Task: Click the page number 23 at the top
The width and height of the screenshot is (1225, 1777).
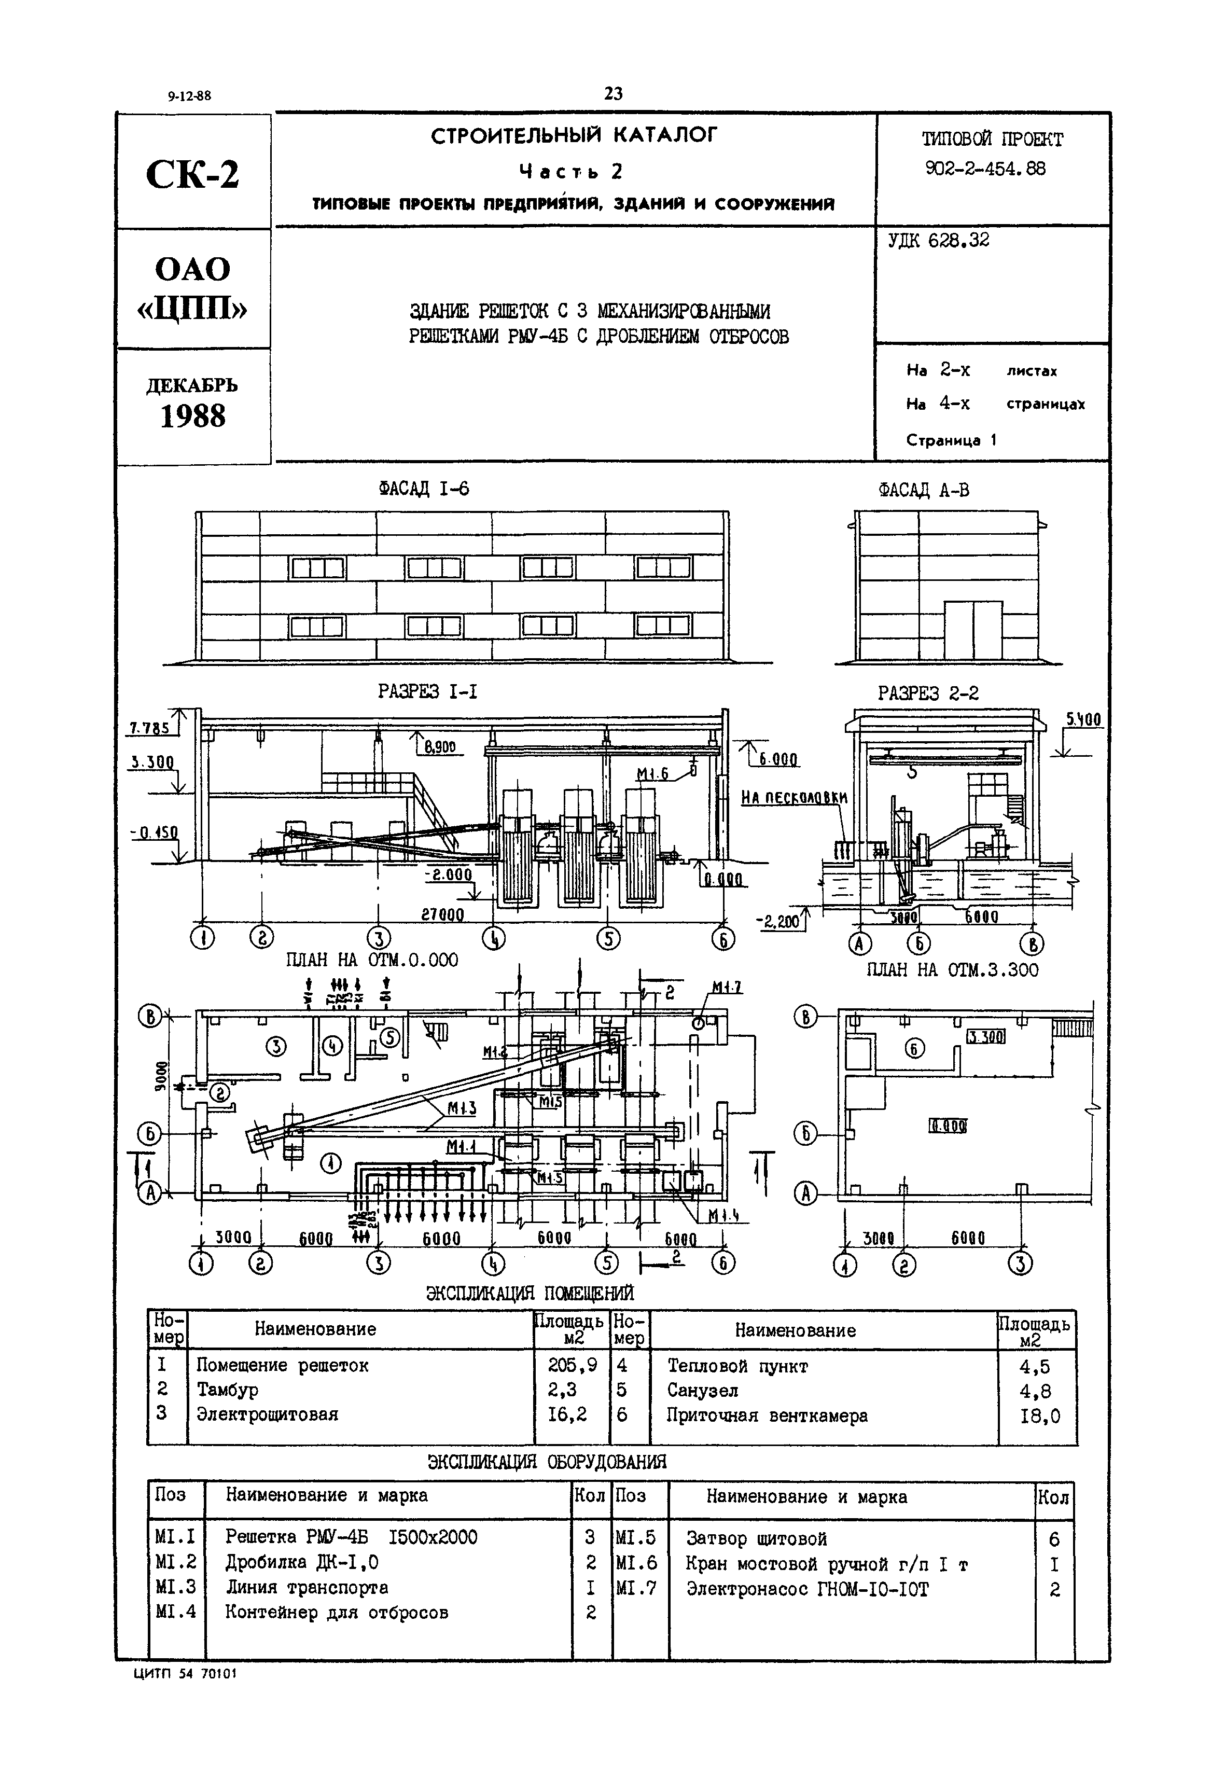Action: (613, 94)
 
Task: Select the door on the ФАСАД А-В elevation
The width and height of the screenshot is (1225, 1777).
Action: (973, 631)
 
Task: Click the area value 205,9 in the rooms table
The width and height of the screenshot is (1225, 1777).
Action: (567, 1365)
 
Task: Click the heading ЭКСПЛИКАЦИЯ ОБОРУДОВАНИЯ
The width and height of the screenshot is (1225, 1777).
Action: (547, 1462)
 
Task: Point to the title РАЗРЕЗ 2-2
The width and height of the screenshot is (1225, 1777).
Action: (928, 693)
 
